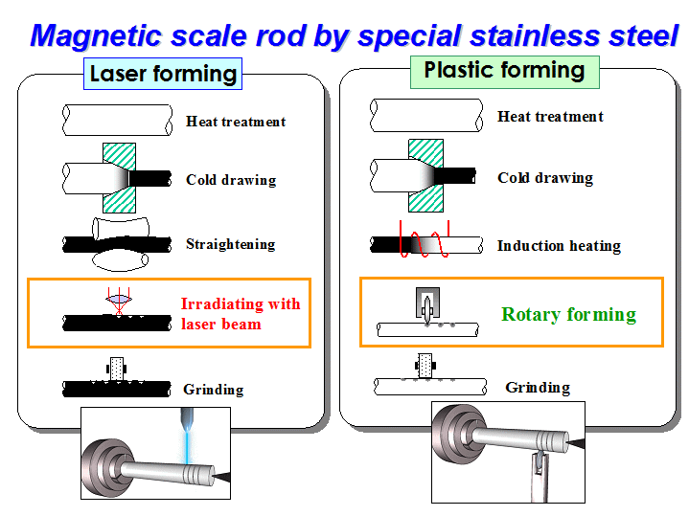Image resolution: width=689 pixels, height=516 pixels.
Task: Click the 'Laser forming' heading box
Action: (x=163, y=74)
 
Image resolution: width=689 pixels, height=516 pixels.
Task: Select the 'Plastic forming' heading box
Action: (x=504, y=72)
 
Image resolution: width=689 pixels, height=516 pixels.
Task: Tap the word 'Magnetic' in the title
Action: (x=96, y=36)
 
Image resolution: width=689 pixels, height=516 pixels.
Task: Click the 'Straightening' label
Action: (x=231, y=244)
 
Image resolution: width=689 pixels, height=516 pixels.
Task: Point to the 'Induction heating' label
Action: (x=559, y=246)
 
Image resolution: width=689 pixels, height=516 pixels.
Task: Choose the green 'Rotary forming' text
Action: (x=568, y=314)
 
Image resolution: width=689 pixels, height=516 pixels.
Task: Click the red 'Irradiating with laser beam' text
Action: (x=241, y=314)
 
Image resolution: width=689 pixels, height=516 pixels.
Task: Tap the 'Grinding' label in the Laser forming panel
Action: (x=214, y=390)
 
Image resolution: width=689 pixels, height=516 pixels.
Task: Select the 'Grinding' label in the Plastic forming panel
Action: (x=538, y=388)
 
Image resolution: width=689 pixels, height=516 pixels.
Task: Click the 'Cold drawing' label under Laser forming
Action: (x=231, y=180)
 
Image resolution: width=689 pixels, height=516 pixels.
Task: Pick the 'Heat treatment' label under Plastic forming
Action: (x=550, y=117)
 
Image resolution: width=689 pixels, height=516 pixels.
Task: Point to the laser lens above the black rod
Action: (x=119, y=299)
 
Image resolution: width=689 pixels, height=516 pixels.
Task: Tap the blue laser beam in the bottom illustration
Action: (x=188, y=444)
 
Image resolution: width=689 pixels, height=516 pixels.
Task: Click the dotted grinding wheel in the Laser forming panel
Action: (x=117, y=369)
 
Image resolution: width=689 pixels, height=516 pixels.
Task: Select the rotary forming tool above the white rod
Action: (x=427, y=303)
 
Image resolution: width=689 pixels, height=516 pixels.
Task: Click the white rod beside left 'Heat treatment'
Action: (x=117, y=120)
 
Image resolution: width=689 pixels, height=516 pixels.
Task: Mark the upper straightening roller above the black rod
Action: (x=121, y=229)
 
